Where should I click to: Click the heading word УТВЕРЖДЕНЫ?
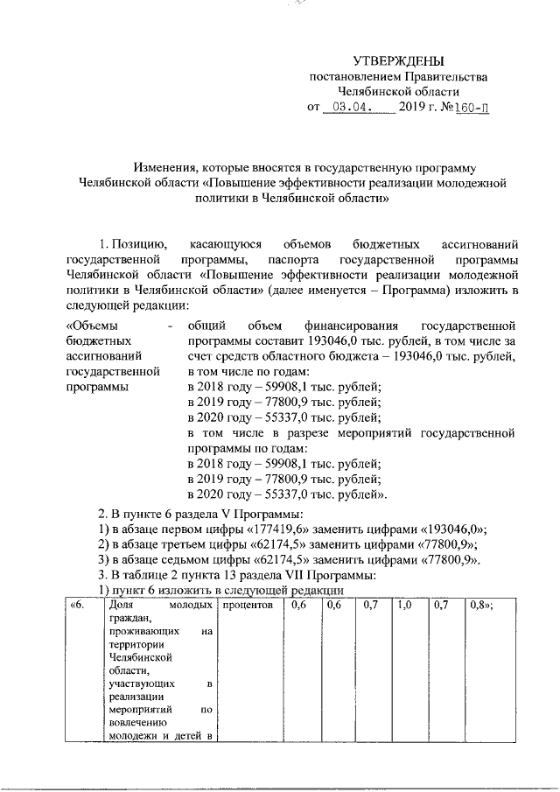pos(398,60)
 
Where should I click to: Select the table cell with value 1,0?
pos(403,606)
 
